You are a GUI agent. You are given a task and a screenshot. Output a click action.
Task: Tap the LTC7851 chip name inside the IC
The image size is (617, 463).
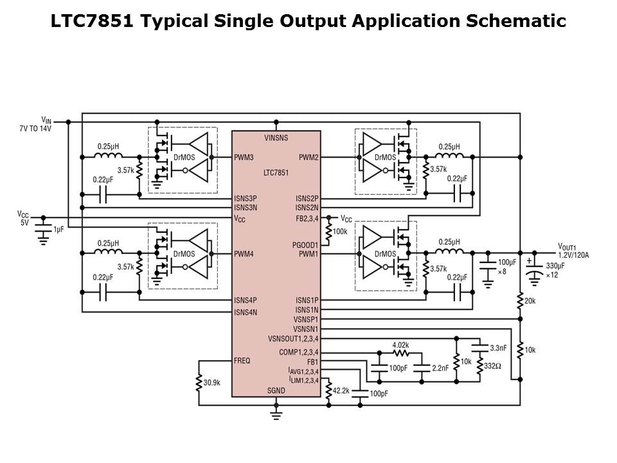(x=276, y=172)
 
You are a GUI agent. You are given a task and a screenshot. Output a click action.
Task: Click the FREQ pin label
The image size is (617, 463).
(x=243, y=361)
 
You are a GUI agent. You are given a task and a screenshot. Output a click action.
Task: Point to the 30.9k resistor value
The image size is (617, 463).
(x=212, y=382)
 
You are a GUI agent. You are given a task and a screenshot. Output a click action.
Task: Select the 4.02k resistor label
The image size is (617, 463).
(x=401, y=345)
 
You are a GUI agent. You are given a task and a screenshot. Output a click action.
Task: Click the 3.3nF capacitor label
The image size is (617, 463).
(x=499, y=348)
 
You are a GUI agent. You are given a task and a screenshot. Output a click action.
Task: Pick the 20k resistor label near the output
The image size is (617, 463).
(x=530, y=300)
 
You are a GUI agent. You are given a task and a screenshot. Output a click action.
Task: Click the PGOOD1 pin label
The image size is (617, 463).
(x=305, y=244)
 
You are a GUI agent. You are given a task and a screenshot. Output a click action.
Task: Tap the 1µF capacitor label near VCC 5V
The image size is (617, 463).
(x=59, y=230)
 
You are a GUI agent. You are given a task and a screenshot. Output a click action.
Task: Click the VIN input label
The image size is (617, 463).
(x=46, y=120)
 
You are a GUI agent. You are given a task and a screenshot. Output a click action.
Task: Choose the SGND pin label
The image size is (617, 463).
(x=276, y=391)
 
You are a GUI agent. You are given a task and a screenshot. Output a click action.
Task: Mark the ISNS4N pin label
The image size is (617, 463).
(x=246, y=313)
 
